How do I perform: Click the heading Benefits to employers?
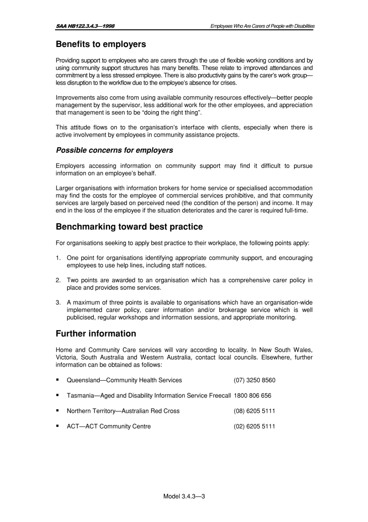[x=101, y=44]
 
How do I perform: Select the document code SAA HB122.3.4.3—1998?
[x=85, y=26]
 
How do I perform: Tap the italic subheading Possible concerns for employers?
[x=114, y=150]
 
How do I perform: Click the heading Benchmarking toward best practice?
[x=129, y=227]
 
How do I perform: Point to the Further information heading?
[x=96, y=334]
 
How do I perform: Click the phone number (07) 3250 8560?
[x=254, y=380]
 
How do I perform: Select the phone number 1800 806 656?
[x=252, y=396]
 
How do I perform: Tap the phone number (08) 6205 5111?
[x=254, y=411]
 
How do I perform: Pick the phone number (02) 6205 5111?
[x=254, y=427]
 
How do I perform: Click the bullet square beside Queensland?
[x=57, y=380]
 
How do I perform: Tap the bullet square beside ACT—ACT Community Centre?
[x=57, y=426]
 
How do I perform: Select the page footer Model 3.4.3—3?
[x=184, y=496]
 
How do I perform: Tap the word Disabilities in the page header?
[x=304, y=26]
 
